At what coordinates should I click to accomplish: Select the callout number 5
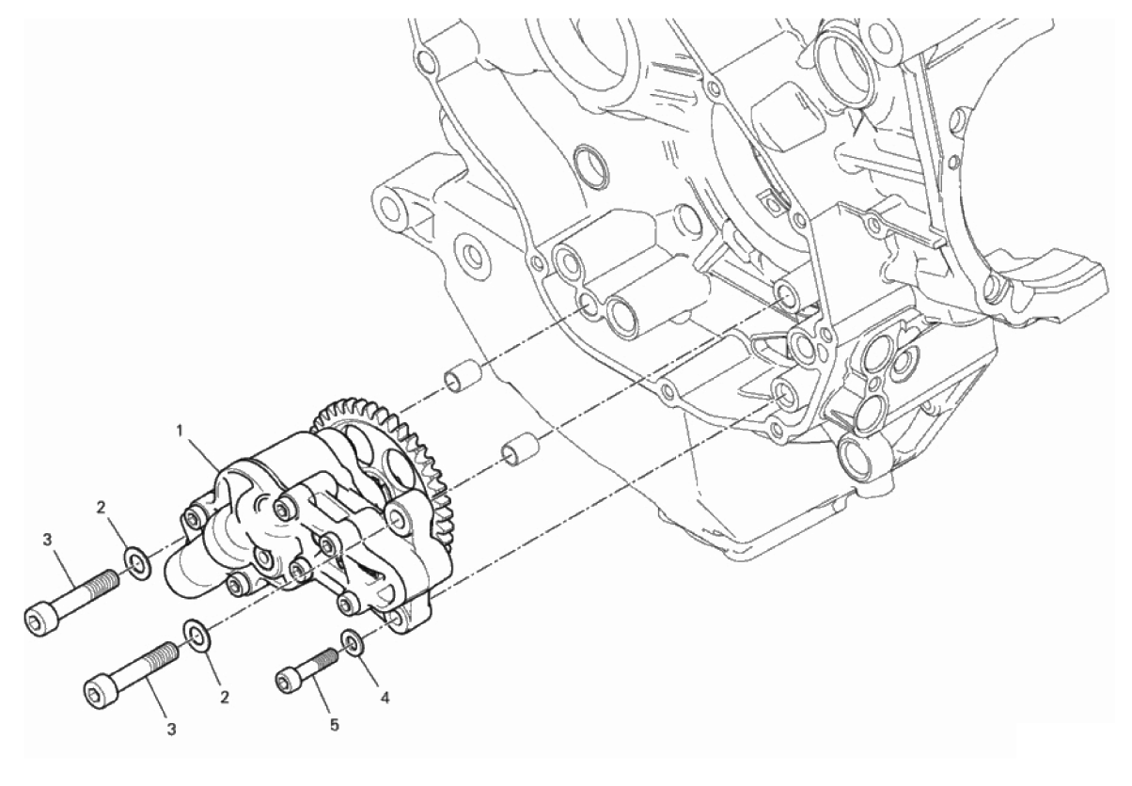point(335,726)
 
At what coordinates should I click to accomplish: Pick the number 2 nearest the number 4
point(225,698)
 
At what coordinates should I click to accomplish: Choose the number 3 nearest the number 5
point(171,730)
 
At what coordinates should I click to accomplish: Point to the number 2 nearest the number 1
point(102,508)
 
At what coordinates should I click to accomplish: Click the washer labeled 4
point(353,642)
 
